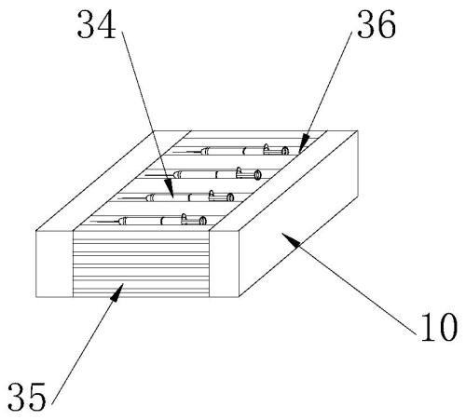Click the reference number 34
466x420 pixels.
96,24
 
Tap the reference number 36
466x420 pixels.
377,24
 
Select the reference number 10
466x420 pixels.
439,327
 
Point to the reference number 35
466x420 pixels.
27,397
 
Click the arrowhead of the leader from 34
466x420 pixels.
171,189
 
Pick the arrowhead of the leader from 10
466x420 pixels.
291,239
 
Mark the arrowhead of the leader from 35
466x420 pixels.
116,292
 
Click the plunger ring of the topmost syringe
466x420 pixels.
285,151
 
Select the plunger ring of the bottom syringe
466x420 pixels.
202,221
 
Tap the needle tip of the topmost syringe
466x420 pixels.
173,152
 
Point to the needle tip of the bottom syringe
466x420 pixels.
90,222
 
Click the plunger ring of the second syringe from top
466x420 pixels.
257,175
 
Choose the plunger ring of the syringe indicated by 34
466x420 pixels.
230,197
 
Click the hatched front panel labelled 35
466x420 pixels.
141,264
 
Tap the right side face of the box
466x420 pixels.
298,214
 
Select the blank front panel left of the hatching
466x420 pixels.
54,264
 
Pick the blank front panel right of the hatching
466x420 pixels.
224,264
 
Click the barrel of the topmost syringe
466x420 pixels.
231,151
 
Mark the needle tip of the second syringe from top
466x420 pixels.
145,175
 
